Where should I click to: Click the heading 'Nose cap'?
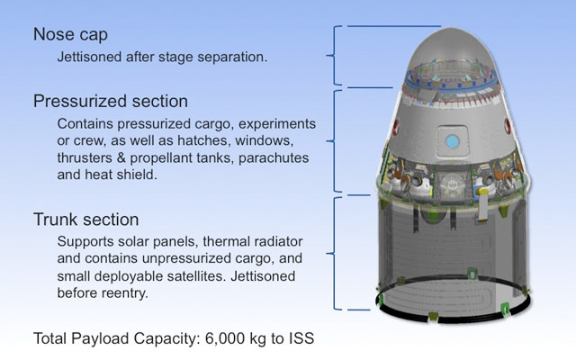click(x=71, y=34)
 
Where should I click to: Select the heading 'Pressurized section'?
click(x=111, y=100)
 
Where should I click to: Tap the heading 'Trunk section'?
click(x=86, y=220)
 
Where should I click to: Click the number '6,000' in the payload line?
click(x=221, y=339)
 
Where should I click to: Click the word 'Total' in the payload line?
click(x=51, y=339)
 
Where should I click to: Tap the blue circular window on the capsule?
click(x=453, y=140)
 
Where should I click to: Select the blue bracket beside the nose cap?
click(x=337, y=56)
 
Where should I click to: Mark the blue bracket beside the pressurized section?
click(x=337, y=139)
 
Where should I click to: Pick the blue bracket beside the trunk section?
click(x=337, y=253)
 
